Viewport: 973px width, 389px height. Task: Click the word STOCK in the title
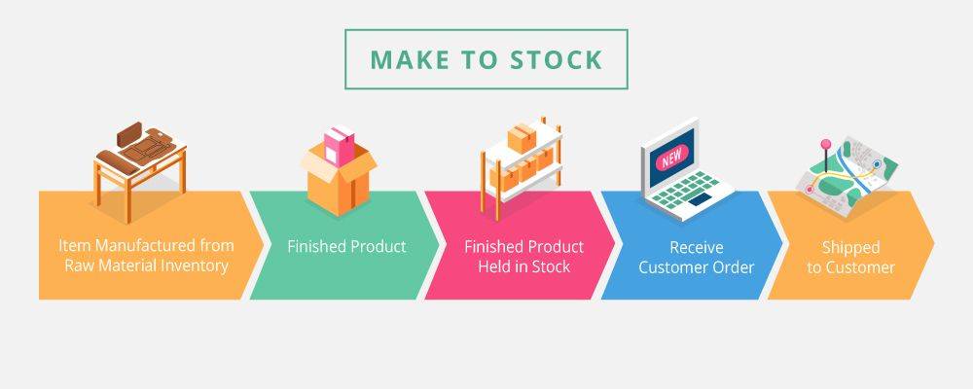tap(556, 59)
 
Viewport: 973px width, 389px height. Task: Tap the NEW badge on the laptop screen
tap(671, 156)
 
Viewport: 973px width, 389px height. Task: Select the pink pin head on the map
tap(826, 144)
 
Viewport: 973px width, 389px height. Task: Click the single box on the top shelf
tap(522, 136)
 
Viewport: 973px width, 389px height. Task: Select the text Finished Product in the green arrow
tap(346, 246)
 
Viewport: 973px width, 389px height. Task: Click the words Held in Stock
tap(523, 266)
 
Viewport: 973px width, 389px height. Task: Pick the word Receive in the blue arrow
tap(697, 247)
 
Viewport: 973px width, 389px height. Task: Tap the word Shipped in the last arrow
tap(850, 248)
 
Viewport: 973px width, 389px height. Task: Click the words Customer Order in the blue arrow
tap(697, 267)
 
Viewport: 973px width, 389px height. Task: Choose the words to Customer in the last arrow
tap(850, 267)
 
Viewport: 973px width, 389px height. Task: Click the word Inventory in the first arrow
tap(198, 265)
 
